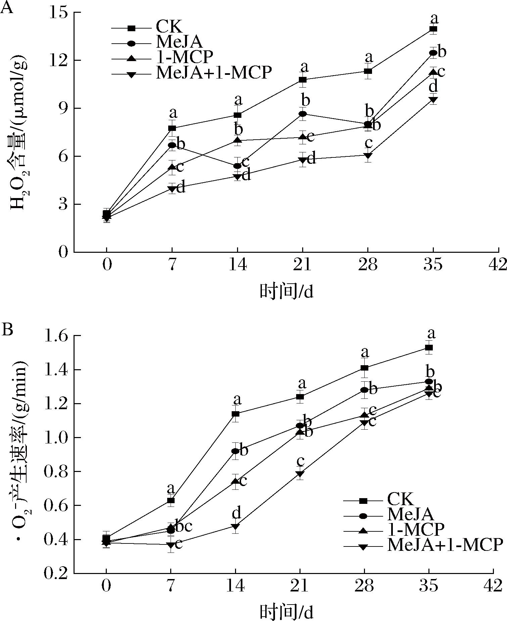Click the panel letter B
7,329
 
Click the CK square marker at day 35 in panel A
433,29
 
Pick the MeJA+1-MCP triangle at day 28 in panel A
368,156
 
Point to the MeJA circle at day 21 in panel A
303,114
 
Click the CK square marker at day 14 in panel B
235,414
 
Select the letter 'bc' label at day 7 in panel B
184,527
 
